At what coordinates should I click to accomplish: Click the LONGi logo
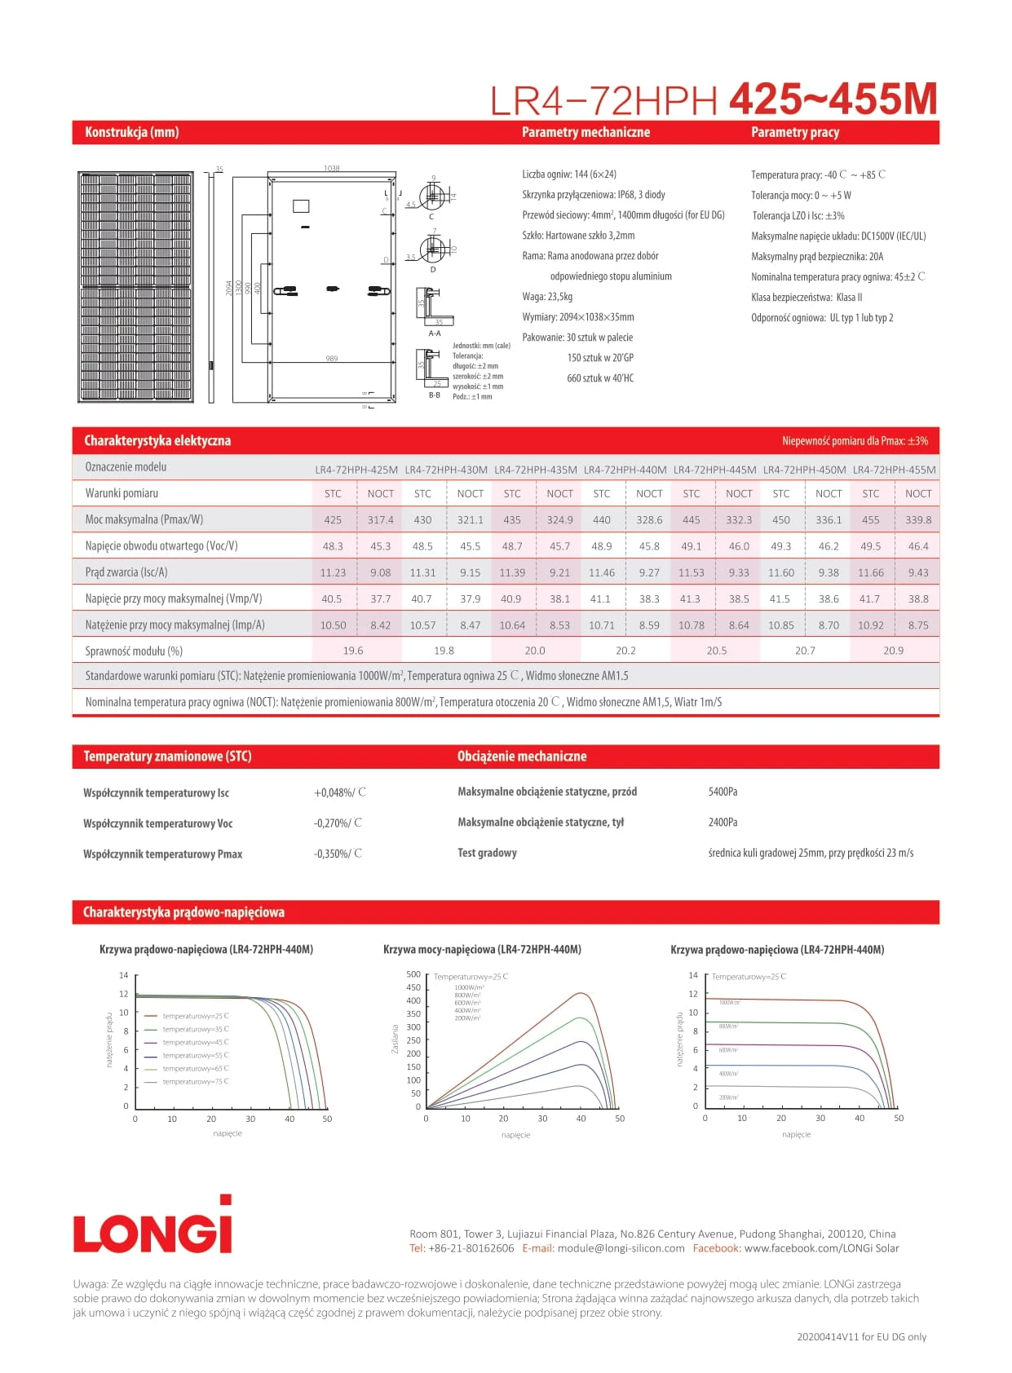click(152, 1225)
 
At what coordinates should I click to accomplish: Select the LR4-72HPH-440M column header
click(625, 470)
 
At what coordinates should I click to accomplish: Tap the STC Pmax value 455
click(870, 519)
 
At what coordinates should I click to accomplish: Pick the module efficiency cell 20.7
click(804, 651)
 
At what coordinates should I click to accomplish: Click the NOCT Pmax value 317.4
click(380, 519)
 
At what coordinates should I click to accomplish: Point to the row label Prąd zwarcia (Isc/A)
click(126, 572)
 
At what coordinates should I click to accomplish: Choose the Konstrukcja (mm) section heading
click(131, 132)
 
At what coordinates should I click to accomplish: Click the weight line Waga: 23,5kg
click(547, 297)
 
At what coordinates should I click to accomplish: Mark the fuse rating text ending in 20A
click(817, 257)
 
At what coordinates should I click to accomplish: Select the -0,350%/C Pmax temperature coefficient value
click(338, 854)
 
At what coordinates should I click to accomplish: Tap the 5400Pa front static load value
click(723, 792)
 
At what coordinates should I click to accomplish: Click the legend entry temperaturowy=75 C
click(195, 1082)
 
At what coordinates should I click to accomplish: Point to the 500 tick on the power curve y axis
click(413, 974)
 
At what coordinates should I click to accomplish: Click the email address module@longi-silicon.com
click(621, 1248)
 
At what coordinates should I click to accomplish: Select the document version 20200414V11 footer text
click(861, 1336)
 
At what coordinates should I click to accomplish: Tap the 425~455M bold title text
click(833, 99)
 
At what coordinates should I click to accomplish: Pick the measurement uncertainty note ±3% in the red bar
click(855, 441)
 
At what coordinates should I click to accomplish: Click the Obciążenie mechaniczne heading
click(522, 757)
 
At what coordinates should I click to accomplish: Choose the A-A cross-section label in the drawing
click(435, 333)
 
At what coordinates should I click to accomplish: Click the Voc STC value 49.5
click(870, 546)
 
